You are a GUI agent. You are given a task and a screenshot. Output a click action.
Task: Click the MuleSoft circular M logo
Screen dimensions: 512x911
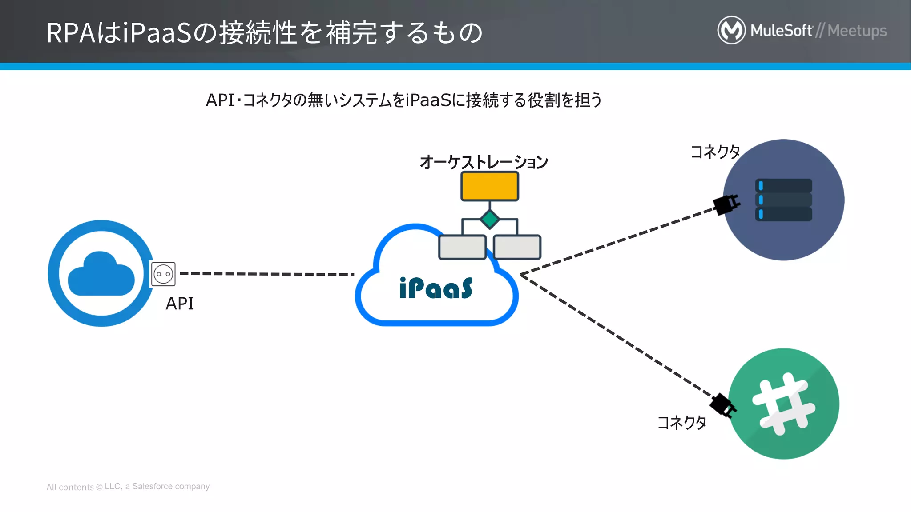[x=731, y=30]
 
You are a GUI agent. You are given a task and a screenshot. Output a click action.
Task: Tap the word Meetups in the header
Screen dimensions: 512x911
[x=857, y=31]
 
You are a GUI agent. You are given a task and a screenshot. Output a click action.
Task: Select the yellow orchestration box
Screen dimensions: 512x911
[x=489, y=186]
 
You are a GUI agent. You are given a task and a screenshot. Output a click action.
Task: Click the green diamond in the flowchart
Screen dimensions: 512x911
[x=490, y=219]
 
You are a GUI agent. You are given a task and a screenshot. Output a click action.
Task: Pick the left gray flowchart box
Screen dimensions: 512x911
[x=462, y=247]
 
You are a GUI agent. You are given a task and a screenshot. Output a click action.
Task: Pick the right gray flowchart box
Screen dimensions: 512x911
[x=517, y=247]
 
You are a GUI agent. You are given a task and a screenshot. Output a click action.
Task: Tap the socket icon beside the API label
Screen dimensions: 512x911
[x=163, y=274]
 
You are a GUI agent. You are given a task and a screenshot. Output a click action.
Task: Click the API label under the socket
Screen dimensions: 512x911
[x=180, y=304]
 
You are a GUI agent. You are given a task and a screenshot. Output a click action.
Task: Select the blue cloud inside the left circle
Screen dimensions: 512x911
[x=101, y=274]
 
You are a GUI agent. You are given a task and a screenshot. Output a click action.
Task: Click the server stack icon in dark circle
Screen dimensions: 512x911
[x=783, y=200]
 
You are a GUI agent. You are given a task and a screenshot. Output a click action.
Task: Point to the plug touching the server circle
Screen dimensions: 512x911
[x=726, y=205]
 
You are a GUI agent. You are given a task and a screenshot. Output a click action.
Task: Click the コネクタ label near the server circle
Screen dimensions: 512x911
[x=715, y=152]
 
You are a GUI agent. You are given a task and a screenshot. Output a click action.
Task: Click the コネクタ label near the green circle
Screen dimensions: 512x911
[x=681, y=422]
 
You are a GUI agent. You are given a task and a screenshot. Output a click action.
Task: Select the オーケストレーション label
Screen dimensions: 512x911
[x=484, y=162]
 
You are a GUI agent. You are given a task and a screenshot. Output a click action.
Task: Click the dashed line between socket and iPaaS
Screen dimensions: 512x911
[x=267, y=274]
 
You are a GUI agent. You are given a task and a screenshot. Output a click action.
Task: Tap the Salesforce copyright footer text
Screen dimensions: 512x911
[x=128, y=487]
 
